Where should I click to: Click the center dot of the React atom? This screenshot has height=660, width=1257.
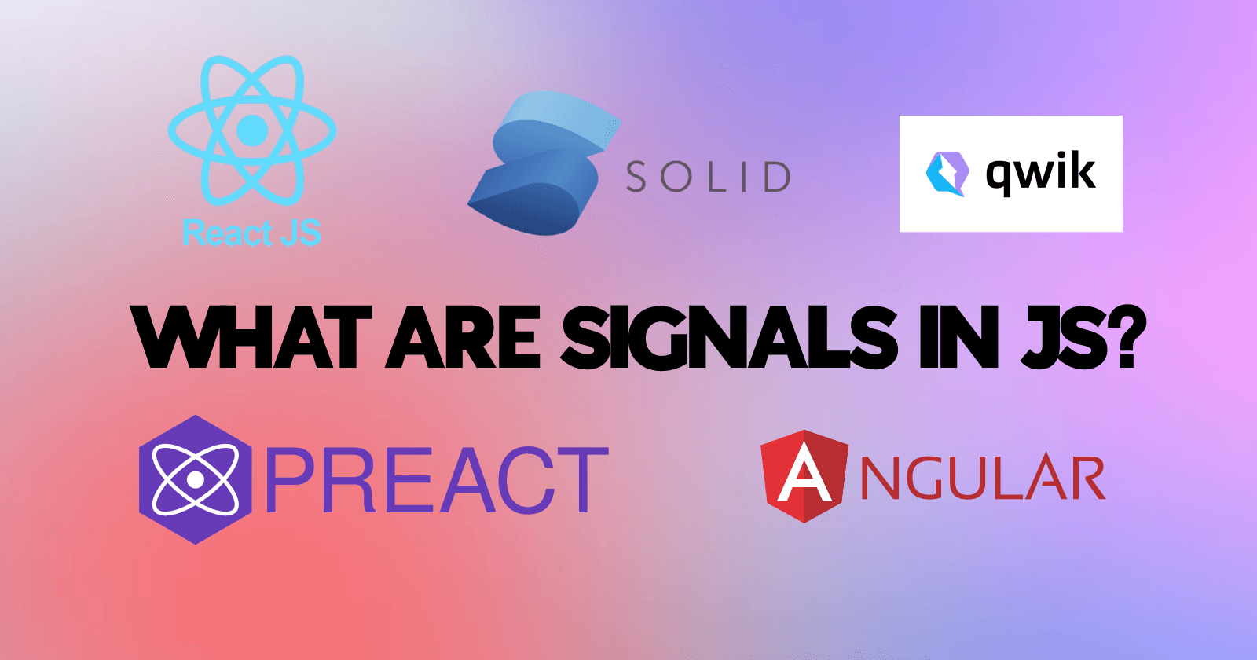click(x=252, y=129)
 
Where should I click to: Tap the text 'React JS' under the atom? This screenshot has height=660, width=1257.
click(x=251, y=233)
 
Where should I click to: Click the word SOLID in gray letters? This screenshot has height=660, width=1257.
click(x=708, y=178)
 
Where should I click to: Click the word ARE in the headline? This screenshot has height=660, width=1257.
click(x=464, y=339)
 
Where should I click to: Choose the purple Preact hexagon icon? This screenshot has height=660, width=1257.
click(x=195, y=479)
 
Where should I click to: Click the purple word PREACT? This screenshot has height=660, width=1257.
click(x=437, y=480)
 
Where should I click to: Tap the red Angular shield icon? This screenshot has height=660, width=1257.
click(x=804, y=476)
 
